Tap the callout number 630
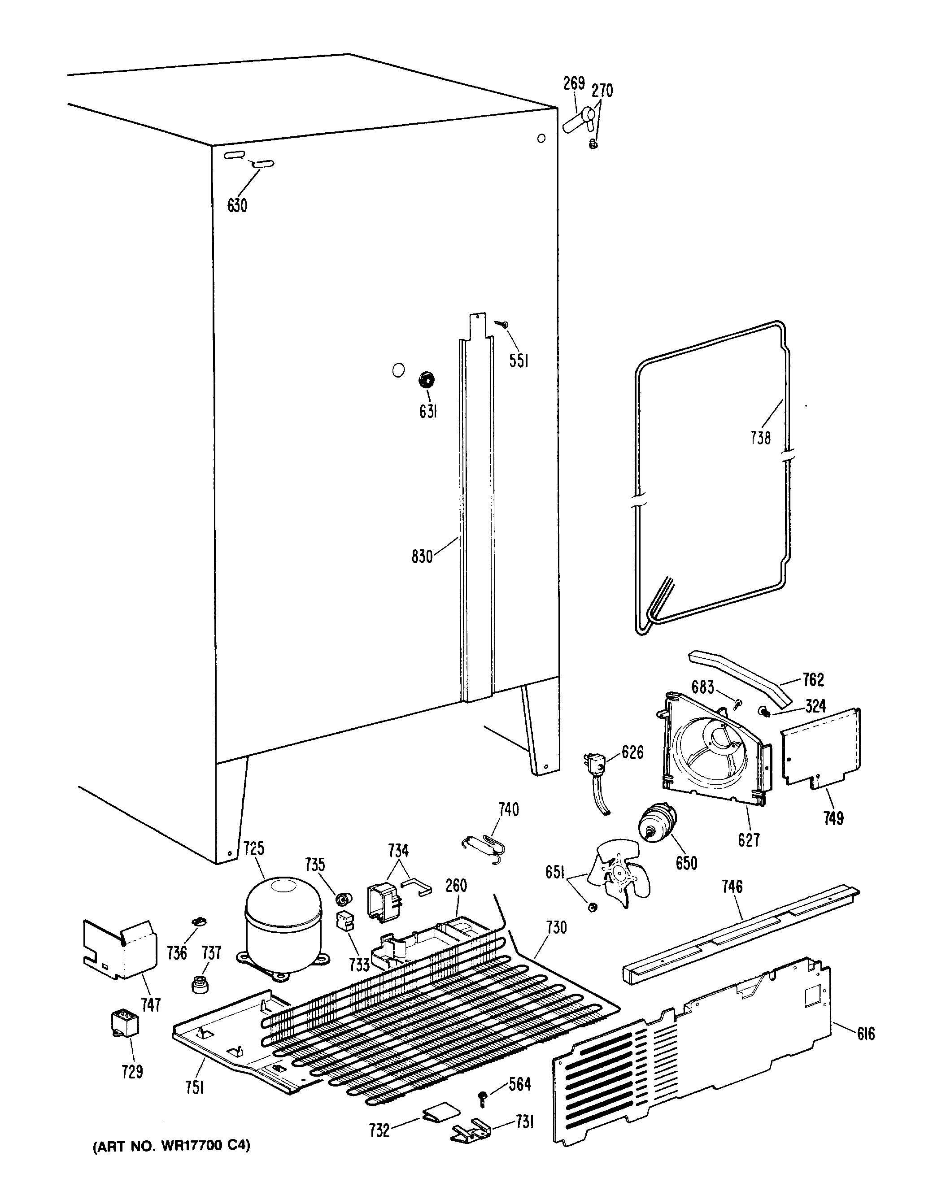click(x=237, y=205)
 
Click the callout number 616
click(x=865, y=1033)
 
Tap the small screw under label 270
click(x=594, y=143)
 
